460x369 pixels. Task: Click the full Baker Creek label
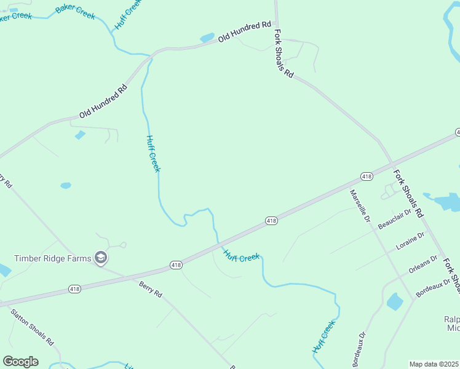[x=76, y=11]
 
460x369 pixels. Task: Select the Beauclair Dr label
[x=394, y=218]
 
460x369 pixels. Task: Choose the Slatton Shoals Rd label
[x=32, y=326]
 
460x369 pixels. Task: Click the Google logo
[x=20, y=362]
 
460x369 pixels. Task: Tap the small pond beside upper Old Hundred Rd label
[x=207, y=38]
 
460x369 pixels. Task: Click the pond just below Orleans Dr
[x=394, y=301]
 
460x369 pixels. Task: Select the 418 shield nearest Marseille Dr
[x=367, y=177]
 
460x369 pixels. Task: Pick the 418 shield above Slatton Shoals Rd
[x=75, y=288]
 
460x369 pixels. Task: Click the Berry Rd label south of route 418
[x=150, y=290]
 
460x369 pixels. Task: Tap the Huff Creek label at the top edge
[x=128, y=14]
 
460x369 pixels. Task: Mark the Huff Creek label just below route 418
[x=241, y=256]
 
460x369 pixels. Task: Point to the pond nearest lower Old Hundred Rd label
[x=80, y=135]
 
